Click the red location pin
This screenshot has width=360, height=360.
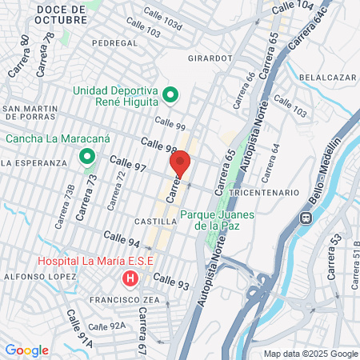coord(180,163)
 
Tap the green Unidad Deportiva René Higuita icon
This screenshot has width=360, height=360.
coord(170,96)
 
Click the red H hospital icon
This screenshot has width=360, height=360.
coord(130,278)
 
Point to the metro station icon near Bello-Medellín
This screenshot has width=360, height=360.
coord(305,218)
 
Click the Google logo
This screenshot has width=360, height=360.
coord(26,350)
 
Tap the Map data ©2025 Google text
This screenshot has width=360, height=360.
coord(311,354)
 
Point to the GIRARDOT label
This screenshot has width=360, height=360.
coord(210,58)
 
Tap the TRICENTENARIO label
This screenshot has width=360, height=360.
coord(263,194)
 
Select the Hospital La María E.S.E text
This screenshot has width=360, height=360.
coord(98,262)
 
